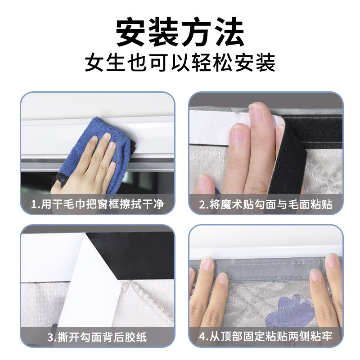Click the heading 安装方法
[180, 32]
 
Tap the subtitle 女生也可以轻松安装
[180, 63]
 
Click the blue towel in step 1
[96, 147]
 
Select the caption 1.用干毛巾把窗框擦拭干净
[97, 204]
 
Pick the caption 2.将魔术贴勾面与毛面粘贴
[265, 204]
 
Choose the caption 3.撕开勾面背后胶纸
[97, 337]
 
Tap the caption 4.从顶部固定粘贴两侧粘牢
[265, 337]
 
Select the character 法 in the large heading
[229, 32]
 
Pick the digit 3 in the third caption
[50, 337]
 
